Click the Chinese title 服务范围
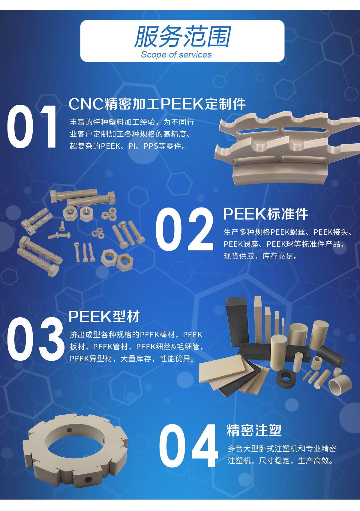point(182,37)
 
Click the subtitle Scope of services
point(176,55)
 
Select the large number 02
point(184,229)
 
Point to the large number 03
point(35,339)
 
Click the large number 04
point(188,446)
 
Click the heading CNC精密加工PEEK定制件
point(157,104)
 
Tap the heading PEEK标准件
point(265,214)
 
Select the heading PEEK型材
point(104,316)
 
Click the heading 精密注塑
point(254,430)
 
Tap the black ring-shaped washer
point(286,378)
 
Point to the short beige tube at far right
point(340,385)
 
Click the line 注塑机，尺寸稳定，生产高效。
point(280,461)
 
